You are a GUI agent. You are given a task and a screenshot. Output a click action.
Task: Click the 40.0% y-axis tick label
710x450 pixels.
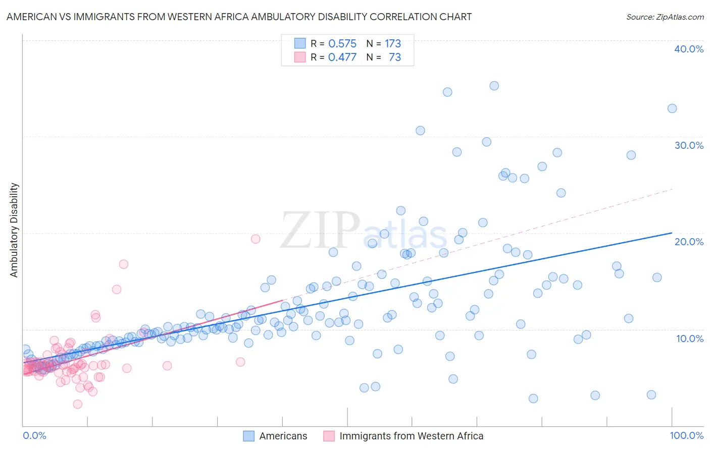click(x=689, y=49)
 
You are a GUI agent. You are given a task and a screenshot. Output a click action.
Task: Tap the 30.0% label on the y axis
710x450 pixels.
click(x=689, y=145)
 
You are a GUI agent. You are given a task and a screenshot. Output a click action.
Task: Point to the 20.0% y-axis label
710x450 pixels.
click(x=689, y=242)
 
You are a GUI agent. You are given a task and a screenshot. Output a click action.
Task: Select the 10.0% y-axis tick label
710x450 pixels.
click(x=690, y=339)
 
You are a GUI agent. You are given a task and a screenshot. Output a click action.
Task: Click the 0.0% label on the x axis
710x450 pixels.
click(x=34, y=436)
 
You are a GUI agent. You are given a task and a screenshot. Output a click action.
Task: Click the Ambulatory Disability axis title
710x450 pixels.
click(x=14, y=230)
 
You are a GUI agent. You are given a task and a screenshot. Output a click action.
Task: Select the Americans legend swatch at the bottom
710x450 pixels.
click(x=249, y=436)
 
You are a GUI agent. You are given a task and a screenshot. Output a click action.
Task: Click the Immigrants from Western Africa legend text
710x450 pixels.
click(x=412, y=436)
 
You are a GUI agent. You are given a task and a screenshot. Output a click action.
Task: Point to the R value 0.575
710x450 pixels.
click(x=342, y=44)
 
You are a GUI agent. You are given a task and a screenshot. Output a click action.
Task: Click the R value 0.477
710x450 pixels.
click(x=342, y=58)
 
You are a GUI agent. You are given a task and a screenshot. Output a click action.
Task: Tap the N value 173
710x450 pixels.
click(x=393, y=44)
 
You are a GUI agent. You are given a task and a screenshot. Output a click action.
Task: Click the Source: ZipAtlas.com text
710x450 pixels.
click(x=665, y=17)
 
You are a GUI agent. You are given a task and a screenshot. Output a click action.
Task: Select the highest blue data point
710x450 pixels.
click(x=494, y=86)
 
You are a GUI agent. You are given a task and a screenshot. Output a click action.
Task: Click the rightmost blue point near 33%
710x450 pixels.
click(x=672, y=108)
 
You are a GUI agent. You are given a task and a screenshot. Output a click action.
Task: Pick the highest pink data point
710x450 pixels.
click(x=256, y=239)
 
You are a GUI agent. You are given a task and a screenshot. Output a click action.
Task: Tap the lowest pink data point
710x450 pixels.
click(x=78, y=404)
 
